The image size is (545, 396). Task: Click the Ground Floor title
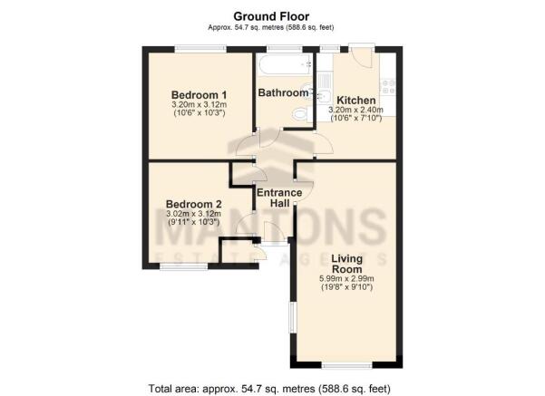[x=271, y=16]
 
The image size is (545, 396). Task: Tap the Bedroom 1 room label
[x=200, y=95]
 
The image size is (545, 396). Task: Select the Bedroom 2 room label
[x=193, y=204]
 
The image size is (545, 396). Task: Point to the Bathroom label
[x=283, y=92]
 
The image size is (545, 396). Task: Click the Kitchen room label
[x=356, y=101]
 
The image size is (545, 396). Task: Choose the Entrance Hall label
[x=279, y=198]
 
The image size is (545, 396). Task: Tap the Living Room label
[x=346, y=264]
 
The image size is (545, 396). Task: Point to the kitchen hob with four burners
[x=388, y=87]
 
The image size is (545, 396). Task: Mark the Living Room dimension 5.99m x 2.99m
[x=346, y=278]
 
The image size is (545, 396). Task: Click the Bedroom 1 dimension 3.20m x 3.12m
[x=200, y=104]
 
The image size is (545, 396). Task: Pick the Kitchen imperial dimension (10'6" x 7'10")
[x=356, y=118]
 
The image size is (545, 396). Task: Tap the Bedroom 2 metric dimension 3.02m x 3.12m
[x=193, y=214]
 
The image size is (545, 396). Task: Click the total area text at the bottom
[x=269, y=388]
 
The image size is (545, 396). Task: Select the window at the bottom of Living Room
[x=347, y=365]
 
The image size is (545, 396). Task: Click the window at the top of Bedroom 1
[x=200, y=49]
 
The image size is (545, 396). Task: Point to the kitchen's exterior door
[x=362, y=55]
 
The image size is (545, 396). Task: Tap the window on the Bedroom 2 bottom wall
[x=183, y=266]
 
